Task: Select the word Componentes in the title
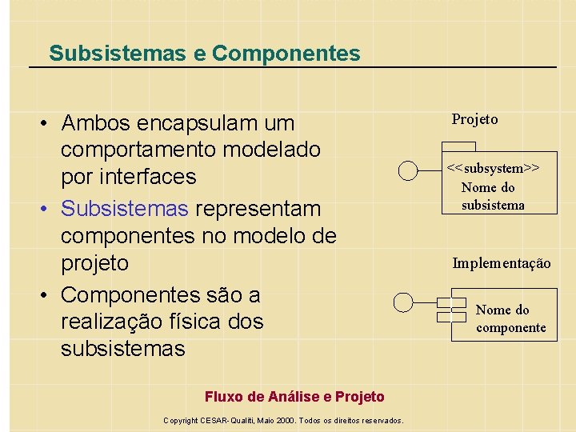(x=286, y=54)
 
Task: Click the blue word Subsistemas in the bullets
(x=125, y=208)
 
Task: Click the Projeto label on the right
(x=474, y=119)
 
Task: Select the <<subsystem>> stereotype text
(x=493, y=168)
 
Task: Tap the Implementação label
(x=501, y=262)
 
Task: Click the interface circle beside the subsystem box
(x=409, y=170)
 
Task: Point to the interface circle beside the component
(x=404, y=302)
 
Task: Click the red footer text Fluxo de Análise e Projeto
(x=294, y=397)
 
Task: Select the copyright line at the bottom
(x=283, y=420)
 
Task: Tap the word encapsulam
(x=203, y=123)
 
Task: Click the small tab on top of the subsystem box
(x=458, y=146)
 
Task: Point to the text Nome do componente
(x=510, y=318)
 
